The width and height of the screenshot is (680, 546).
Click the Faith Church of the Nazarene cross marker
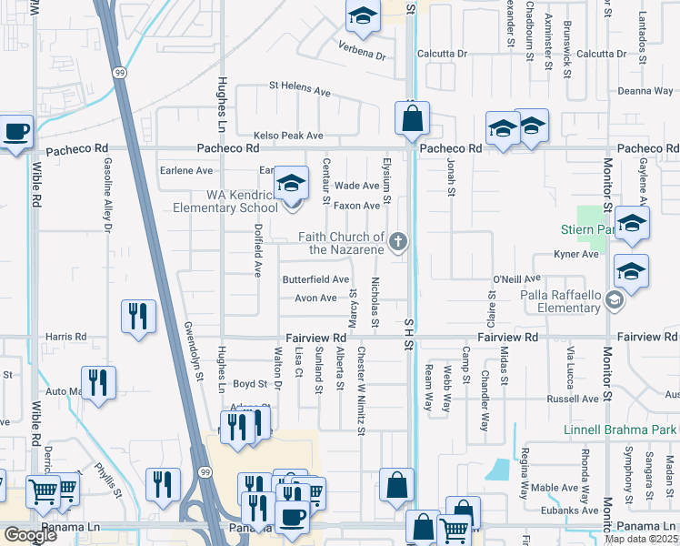396,241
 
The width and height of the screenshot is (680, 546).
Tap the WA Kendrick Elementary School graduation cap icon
291,184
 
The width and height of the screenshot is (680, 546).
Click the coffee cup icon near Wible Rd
16,131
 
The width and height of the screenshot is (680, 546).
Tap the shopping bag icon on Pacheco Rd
412,117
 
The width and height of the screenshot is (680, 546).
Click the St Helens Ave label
299,90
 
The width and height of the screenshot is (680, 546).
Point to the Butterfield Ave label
315,279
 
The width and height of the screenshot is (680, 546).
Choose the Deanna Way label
645,90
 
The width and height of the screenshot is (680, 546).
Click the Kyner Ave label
577,255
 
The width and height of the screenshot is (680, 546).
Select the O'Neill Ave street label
516,278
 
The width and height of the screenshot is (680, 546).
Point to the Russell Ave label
571,399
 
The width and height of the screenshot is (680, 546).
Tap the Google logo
30,535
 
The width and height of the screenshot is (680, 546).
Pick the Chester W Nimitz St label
361,390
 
